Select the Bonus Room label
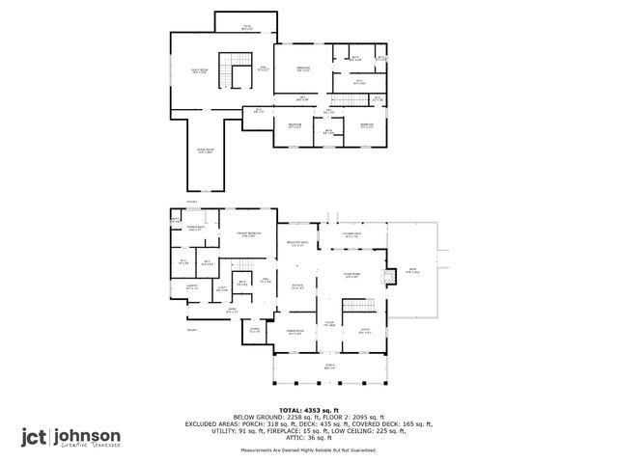(205, 151)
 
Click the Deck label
(412, 271)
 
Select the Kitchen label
(298, 286)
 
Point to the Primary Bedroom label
(248, 234)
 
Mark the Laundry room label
(191, 286)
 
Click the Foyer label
(328, 323)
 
